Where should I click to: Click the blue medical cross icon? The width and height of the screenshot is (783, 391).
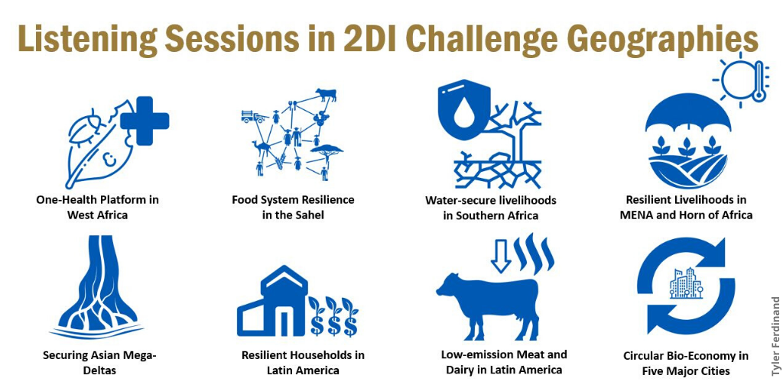(x=145, y=121)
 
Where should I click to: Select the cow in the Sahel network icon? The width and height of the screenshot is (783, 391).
(x=326, y=94)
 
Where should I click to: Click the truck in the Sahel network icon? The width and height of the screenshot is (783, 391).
(x=255, y=116)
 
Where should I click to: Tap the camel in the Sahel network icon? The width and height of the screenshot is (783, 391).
(x=262, y=148)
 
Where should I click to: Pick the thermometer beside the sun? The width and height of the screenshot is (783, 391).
(x=759, y=81)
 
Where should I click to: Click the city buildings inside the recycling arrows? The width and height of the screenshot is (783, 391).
(x=686, y=283)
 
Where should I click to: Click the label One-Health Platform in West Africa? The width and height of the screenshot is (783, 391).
(x=97, y=208)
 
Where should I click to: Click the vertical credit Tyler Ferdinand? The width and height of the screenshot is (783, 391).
(x=775, y=336)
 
